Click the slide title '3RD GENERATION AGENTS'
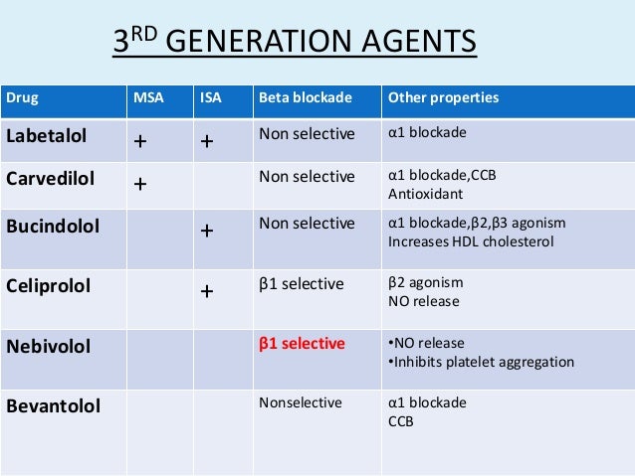pyautogui.click(x=293, y=46)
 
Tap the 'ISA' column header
pyautogui.click(x=210, y=98)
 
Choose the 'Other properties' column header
pyautogui.click(x=443, y=98)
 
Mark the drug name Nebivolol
pyautogui.click(x=48, y=346)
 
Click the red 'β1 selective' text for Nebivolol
pyautogui.click(x=302, y=344)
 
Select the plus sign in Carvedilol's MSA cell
pyautogui.click(x=140, y=185)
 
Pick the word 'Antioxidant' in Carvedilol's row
pyautogui.click(x=420, y=194)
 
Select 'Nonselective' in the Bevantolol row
pyautogui.click(x=299, y=403)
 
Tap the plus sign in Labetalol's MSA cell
pyautogui.click(x=140, y=141)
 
